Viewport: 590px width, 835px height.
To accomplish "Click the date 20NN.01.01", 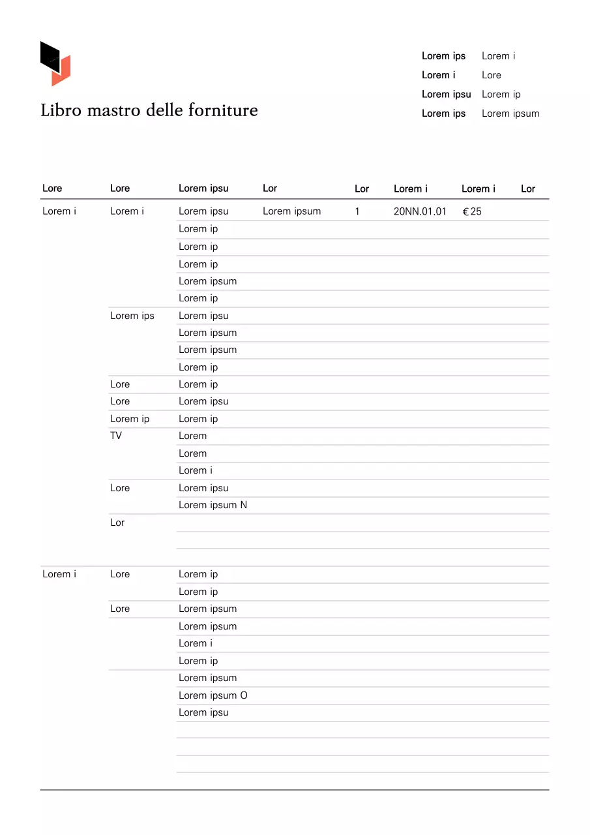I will tap(420, 211).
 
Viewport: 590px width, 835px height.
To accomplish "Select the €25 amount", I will tap(472, 211).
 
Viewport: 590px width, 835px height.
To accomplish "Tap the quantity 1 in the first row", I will tap(357, 211).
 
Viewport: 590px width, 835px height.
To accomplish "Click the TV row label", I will tap(116, 436).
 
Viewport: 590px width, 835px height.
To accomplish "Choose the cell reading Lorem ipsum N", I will tap(213, 505).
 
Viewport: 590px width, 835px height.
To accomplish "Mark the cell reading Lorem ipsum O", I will tap(213, 695).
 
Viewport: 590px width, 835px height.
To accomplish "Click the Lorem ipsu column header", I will tap(203, 189).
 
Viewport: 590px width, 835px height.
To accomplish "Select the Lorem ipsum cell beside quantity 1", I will tap(291, 211).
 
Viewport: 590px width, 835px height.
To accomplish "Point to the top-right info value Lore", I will tap(492, 75).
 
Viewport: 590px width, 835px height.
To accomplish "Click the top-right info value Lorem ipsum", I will tap(510, 114).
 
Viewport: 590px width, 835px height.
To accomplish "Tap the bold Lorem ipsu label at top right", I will tap(446, 95).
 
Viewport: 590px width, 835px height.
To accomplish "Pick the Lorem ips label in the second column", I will tap(132, 316).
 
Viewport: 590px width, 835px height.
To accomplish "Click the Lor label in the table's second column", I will tap(117, 523).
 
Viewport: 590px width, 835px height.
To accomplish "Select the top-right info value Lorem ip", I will tap(501, 95).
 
